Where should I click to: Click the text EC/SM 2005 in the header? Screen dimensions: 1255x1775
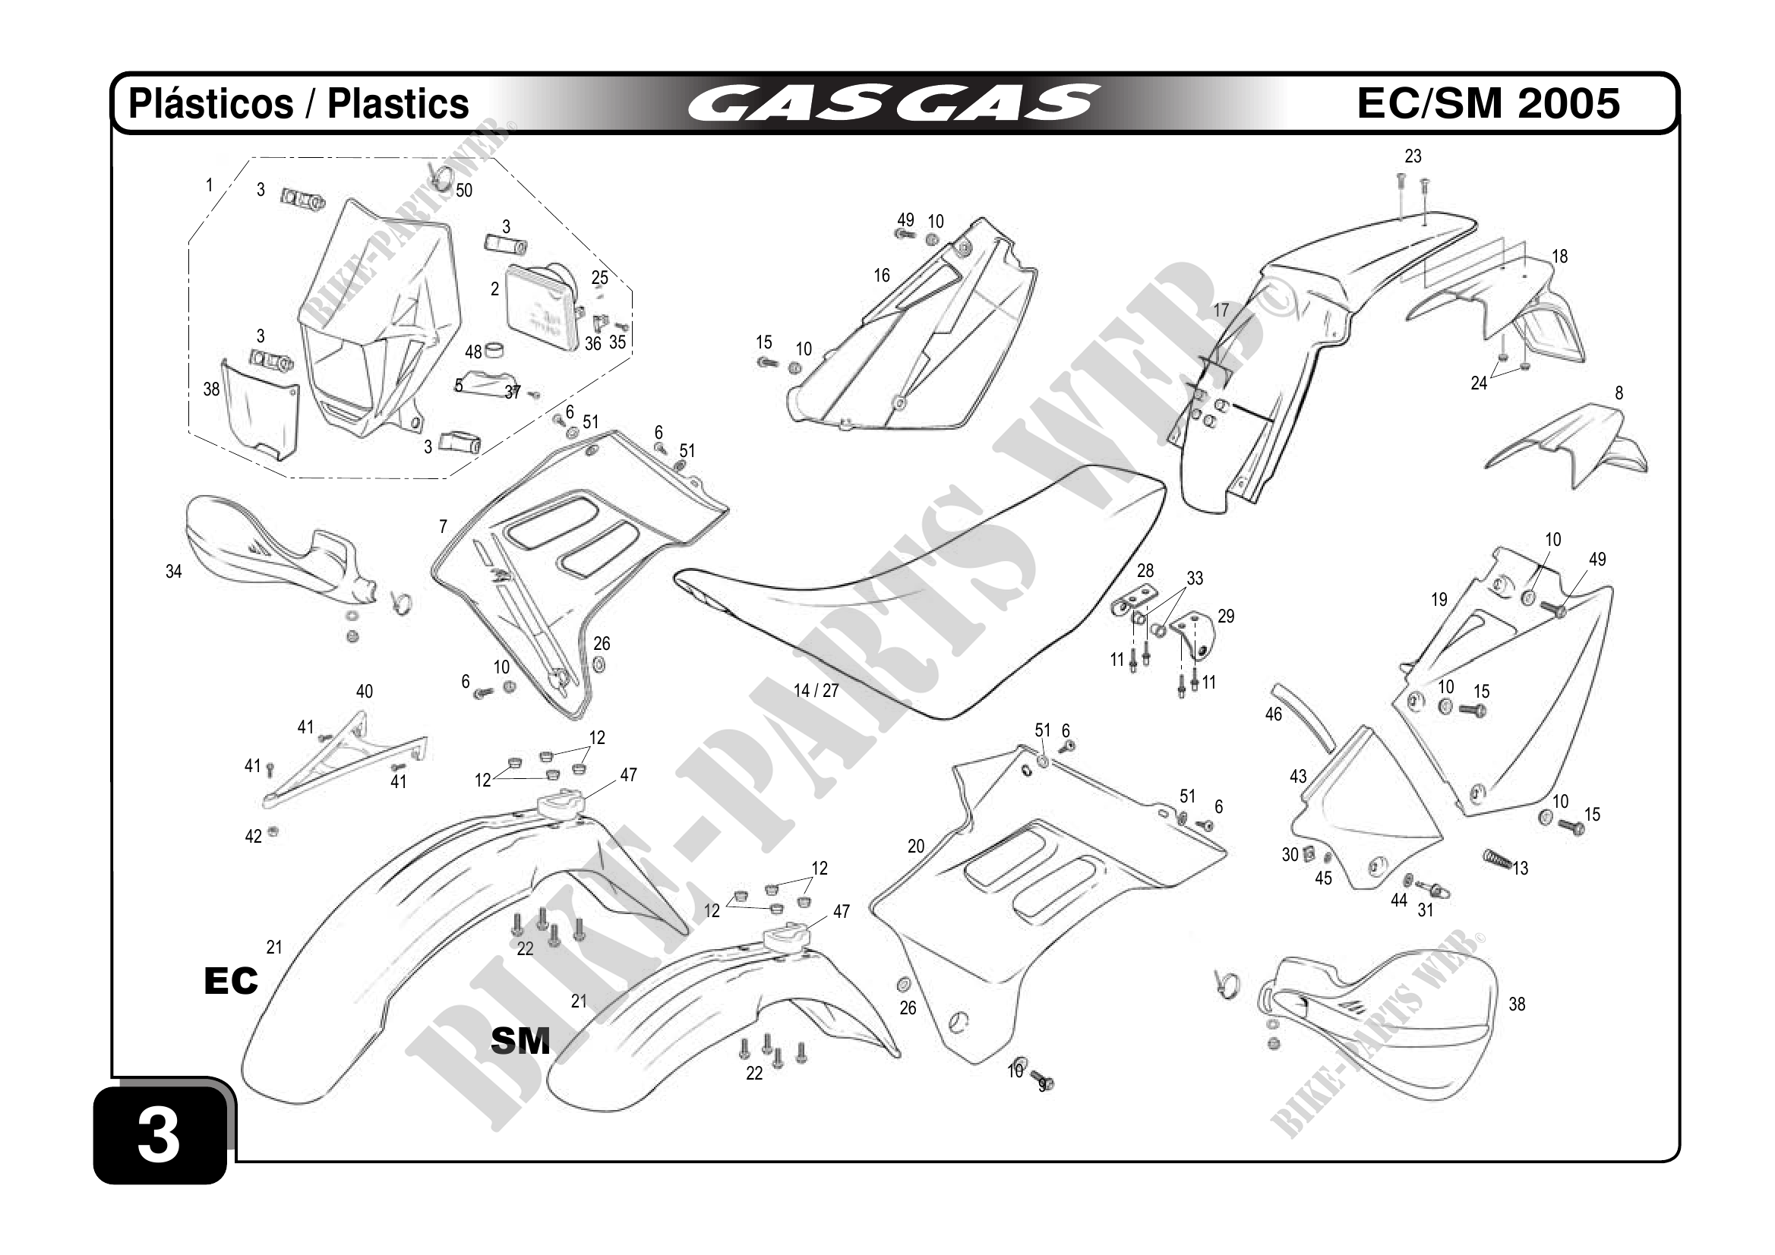click(1488, 102)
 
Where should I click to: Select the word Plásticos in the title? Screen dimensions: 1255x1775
click(210, 103)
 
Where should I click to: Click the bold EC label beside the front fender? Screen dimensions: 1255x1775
click(230, 981)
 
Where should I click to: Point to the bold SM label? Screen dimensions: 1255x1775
click(520, 1041)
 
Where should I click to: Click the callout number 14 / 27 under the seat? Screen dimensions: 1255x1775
click(816, 690)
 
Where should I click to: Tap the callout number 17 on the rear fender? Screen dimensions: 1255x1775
click(1220, 311)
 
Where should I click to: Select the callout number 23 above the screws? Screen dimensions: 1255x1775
click(1413, 157)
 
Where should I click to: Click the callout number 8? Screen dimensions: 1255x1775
click(1619, 393)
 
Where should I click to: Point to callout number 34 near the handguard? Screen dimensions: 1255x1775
click(174, 572)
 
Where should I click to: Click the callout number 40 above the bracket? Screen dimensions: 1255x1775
click(364, 692)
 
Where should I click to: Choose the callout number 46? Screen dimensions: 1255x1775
click(1273, 714)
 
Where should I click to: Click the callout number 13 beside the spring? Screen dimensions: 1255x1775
click(1520, 869)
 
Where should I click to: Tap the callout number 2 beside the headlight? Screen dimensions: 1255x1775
click(494, 289)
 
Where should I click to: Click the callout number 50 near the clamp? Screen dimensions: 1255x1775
click(464, 191)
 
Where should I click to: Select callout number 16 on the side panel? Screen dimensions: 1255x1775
click(881, 276)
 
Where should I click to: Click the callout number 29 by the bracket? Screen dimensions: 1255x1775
click(1226, 616)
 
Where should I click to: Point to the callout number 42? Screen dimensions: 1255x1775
click(254, 837)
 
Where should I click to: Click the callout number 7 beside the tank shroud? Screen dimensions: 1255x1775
click(443, 527)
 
